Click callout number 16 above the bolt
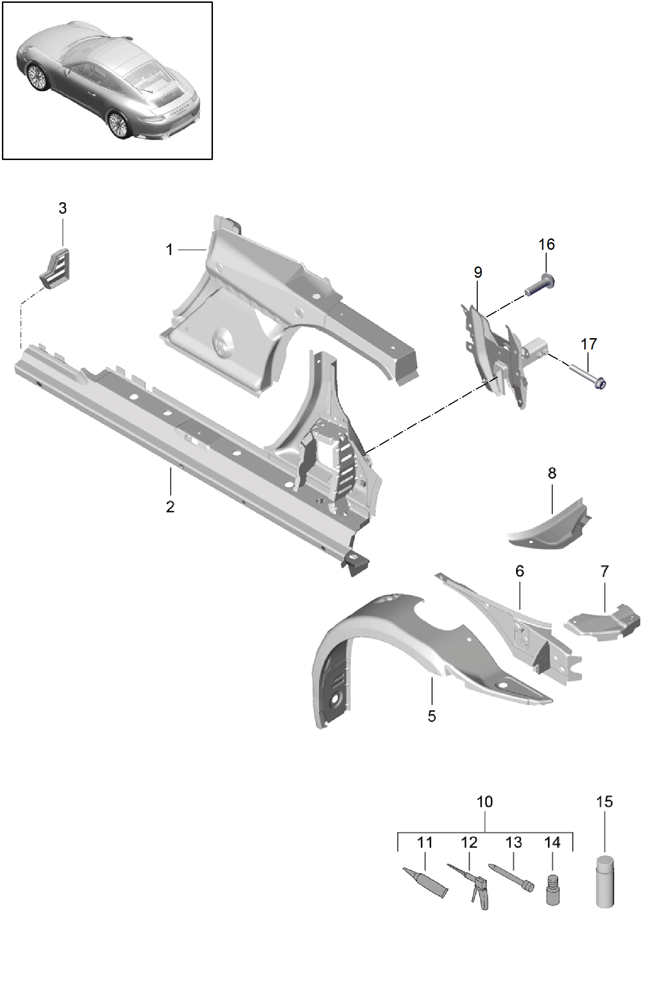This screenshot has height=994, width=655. click(546, 244)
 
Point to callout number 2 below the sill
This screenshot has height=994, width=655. click(170, 506)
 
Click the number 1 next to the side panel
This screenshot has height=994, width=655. click(169, 249)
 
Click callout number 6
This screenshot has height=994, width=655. click(520, 571)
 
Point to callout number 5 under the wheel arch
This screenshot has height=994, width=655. click(432, 716)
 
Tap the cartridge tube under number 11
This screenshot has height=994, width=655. click(425, 882)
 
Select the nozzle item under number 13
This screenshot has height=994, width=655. click(511, 878)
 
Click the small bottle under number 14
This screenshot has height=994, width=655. click(552, 890)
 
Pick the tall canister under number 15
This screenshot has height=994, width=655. click(605, 881)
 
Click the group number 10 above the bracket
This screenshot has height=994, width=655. click(484, 802)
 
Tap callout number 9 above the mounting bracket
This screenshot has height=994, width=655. click(478, 272)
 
